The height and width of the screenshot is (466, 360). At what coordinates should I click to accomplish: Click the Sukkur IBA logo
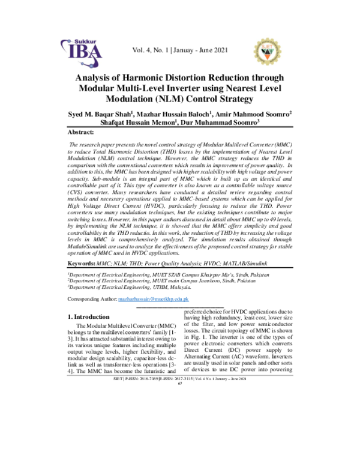click(84, 52)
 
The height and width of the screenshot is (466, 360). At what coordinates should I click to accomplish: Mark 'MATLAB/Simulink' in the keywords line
click(255, 263)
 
